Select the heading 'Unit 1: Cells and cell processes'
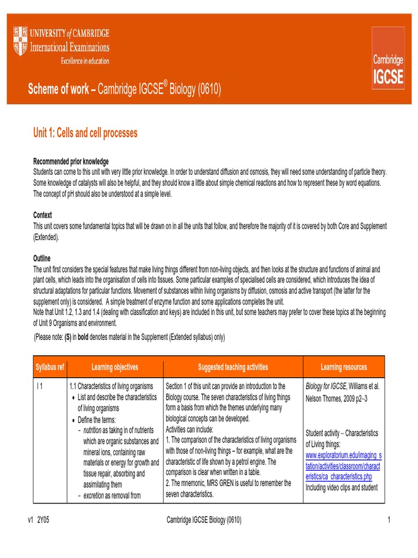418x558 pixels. coord(85,133)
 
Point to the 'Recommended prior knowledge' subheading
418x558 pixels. coord(71,162)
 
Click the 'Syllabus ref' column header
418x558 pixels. coord(50,367)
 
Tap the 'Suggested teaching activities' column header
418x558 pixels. coord(233,367)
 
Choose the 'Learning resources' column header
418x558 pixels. coord(343,367)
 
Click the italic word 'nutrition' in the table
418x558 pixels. coord(92,430)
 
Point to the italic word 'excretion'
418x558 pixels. coord(93,495)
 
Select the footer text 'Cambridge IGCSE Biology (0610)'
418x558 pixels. coord(204,520)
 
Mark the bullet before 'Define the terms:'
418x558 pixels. coord(73,420)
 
